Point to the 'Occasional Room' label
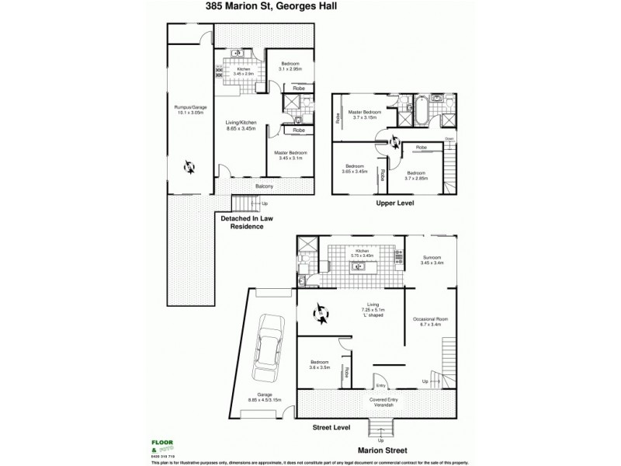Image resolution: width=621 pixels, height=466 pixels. pos(432,321)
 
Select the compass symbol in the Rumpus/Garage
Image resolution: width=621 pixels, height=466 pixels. pos(189,165)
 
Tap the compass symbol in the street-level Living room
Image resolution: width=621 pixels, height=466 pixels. pos(321,315)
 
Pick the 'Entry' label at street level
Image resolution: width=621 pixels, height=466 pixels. pos(380,386)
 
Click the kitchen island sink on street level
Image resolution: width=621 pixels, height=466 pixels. pos(359,266)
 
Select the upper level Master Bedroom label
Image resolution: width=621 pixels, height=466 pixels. pos(364,114)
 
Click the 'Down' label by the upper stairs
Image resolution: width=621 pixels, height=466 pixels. pos(449,138)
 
